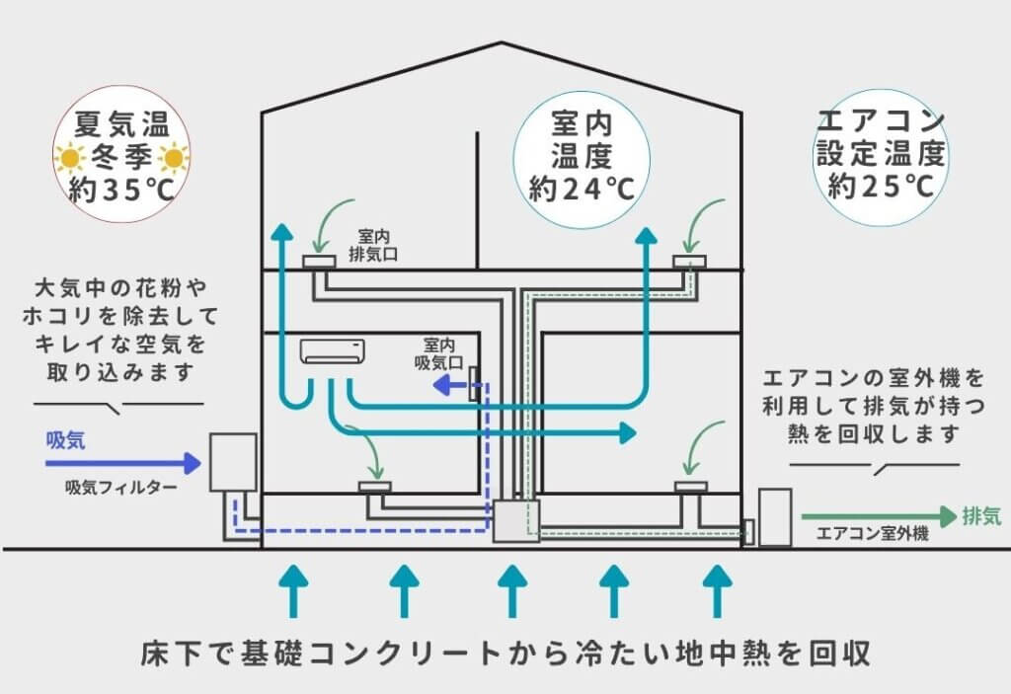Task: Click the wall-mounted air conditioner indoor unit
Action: (x=332, y=351)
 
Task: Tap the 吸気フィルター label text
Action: (x=121, y=488)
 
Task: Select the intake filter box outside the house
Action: (x=233, y=462)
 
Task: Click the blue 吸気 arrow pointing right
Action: (x=123, y=463)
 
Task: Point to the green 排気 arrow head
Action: (x=949, y=516)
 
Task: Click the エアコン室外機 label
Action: (x=873, y=533)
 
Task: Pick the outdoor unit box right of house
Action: (x=774, y=517)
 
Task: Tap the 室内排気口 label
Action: (x=373, y=246)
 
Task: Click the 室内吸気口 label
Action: (x=439, y=354)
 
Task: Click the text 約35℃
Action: (x=121, y=190)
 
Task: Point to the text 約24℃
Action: (x=582, y=189)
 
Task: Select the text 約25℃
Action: (x=881, y=187)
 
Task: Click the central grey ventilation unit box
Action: (x=515, y=520)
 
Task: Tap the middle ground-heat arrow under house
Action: (x=512, y=590)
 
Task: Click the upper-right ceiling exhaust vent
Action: (x=689, y=262)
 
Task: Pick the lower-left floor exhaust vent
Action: (x=374, y=487)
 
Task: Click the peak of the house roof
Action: (x=502, y=42)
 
